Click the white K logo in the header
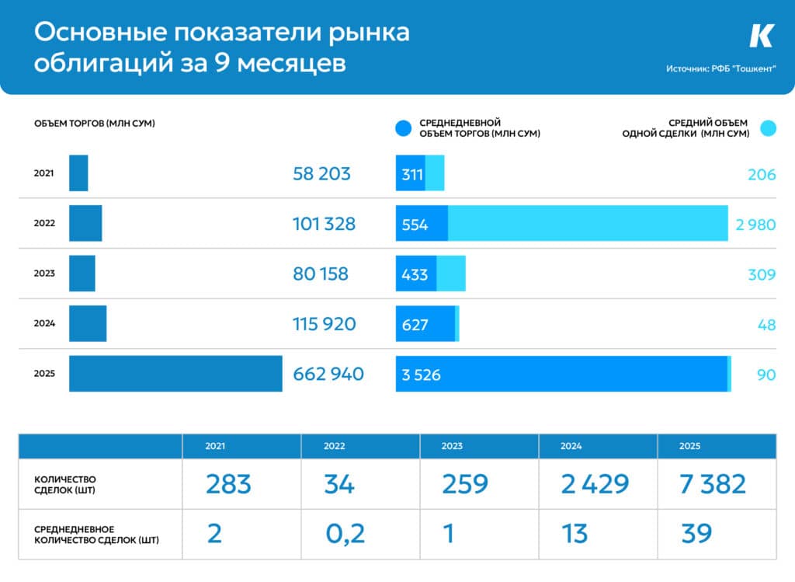click(x=762, y=36)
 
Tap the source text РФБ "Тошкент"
click(x=721, y=68)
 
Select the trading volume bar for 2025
click(x=175, y=374)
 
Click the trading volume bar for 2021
click(x=78, y=173)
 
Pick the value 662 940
click(x=328, y=374)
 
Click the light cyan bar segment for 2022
click(x=588, y=224)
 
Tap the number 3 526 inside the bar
click(x=422, y=375)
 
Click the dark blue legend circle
click(x=402, y=128)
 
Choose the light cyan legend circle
click(x=768, y=128)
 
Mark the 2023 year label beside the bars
click(x=44, y=274)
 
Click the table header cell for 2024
click(x=571, y=446)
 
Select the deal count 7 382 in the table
click(x=713, y=484)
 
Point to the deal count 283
click(x=228, y=484)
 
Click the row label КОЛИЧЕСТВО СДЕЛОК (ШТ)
click(x=65, y=484)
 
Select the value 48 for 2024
click(x=766, y=324)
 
